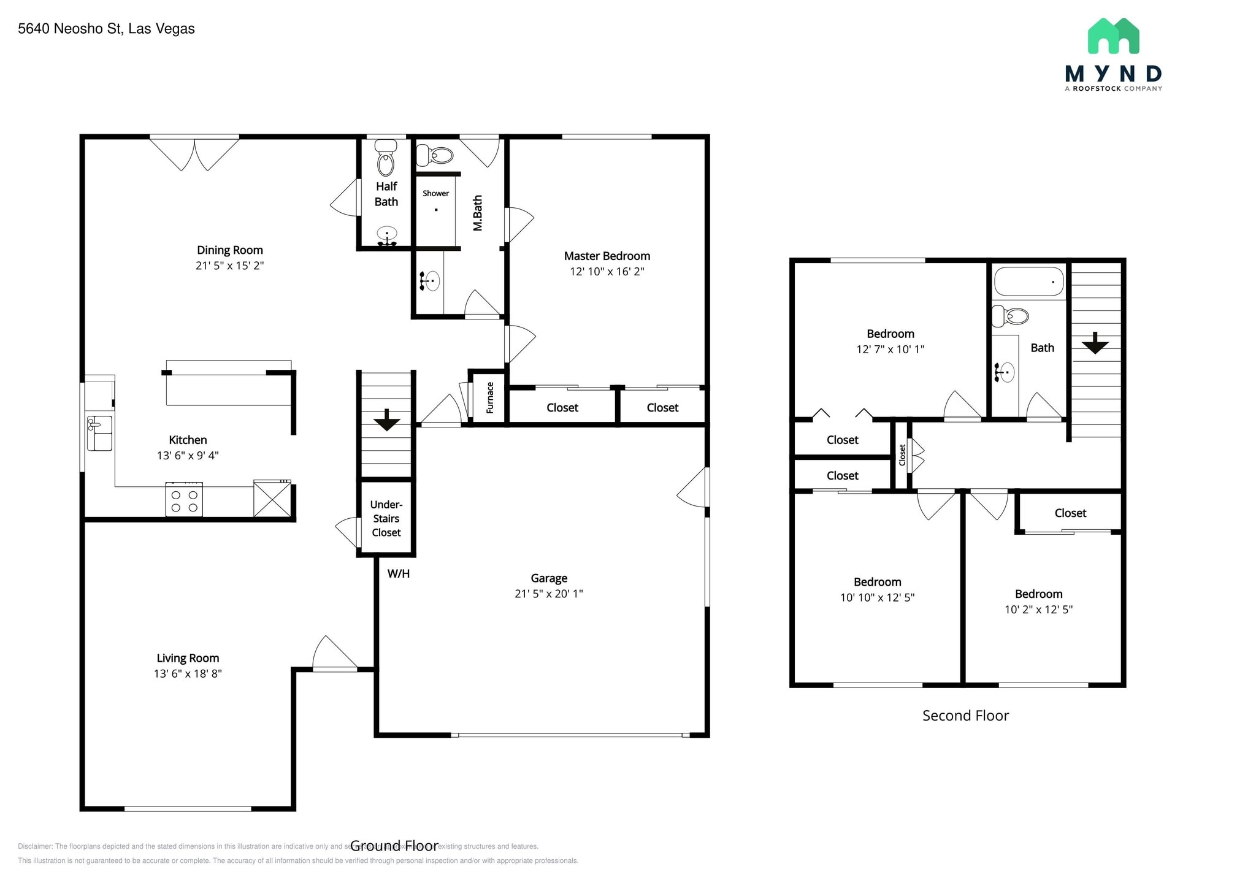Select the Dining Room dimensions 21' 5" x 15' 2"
point(229,266)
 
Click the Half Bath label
point(386,194)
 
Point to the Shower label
point(435,193)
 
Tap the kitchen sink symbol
point(99,433)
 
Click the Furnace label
point(489,397)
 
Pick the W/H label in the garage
point(399,574)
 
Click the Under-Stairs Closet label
point(386,519)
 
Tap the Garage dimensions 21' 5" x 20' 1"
point(548,594)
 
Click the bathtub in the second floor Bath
point(1028,281)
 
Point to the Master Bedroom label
point(607,256)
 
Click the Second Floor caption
point(965,716)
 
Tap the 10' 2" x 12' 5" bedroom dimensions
point(1038,610)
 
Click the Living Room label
point(188,658)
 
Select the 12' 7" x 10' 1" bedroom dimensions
point(890,350)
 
